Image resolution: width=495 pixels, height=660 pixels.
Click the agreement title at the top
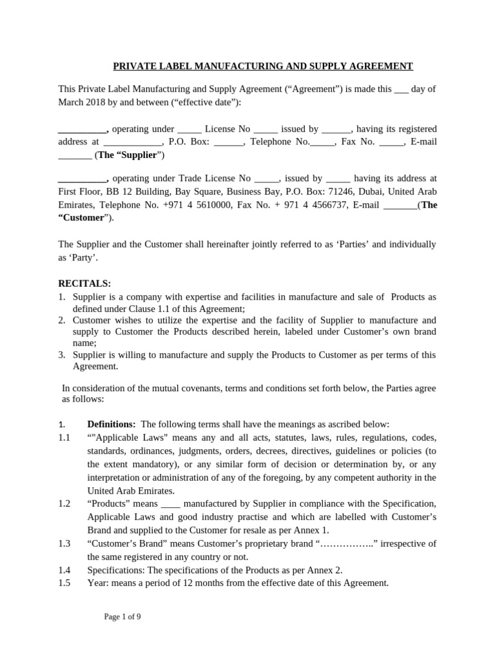click(263, 66)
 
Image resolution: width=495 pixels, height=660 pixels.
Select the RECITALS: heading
click(84, 284)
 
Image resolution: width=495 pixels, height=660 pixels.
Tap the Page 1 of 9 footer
click(122, 617)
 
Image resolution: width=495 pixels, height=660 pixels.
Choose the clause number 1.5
click(64, 583)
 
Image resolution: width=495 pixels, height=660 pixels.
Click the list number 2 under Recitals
click(61, 320)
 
